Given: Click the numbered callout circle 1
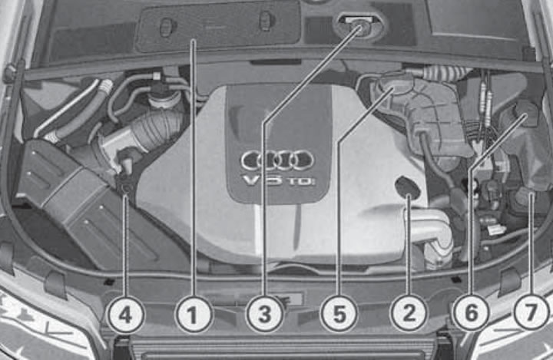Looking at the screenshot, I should pyautogui.click(x=194, y=314).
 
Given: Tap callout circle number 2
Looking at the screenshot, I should pyautogui.click(x=408, y=313).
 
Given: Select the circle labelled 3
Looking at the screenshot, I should pyautogui.click(x=264, y=314).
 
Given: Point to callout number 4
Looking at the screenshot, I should pyautogui.click(x=124, y=314).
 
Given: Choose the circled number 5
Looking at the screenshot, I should pyautogui.click(x=337, y=314).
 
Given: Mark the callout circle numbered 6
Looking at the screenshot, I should pyautogui.click(x=470, y=313).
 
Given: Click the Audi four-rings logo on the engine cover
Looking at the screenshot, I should pyautogui.click(x=277, y=160).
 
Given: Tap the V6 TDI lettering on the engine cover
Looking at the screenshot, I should pyautogui.click(x=276, y=181).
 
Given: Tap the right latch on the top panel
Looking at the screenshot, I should pyautogui.click(x=266, y=21).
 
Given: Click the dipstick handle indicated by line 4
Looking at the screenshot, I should pyautogui.click(x=123, y=183).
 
